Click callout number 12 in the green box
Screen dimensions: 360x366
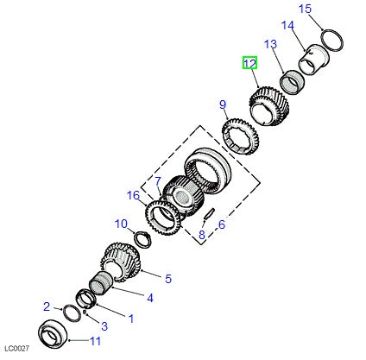coord(249,63)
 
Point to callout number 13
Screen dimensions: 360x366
coord(270,44)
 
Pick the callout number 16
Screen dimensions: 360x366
coord(133,196)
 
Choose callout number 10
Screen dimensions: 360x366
coord(122,224)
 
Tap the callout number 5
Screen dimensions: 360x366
coord(168,278)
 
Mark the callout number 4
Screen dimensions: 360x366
coord(149,299)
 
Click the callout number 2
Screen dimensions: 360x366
coord(47,306)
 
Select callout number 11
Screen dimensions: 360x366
coord(95,341)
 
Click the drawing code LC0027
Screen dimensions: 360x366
coord(17,349)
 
